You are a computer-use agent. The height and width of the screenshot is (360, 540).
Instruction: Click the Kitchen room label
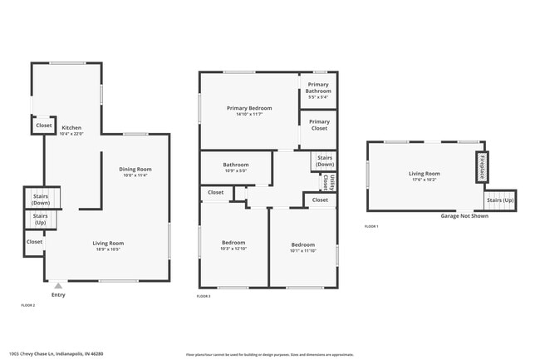[71, 128]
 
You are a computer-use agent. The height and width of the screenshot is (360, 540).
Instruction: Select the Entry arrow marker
[57, 285]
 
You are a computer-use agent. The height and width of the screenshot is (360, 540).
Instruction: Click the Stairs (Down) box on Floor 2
[41, 199]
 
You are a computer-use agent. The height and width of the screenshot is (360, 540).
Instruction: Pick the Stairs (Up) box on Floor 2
[41, 219]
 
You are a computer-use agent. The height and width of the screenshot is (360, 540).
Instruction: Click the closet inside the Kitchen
[43, 126]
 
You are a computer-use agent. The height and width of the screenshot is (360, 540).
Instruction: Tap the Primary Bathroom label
[318, 87]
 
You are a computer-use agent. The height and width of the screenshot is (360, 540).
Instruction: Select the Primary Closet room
[318, 126]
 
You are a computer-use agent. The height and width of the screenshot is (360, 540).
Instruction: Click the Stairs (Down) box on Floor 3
[325, 160]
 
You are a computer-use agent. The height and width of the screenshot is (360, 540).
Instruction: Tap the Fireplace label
[481, 166]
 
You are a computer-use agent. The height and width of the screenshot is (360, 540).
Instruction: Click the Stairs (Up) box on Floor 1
[498, 201]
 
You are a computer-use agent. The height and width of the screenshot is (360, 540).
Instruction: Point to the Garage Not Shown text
[464, 216]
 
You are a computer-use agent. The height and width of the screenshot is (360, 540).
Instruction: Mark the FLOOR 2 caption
[27, 306]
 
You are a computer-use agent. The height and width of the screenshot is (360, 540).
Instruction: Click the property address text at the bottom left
[62, 353]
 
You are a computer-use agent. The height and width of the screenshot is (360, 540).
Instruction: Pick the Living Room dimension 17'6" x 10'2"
[424, 179]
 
